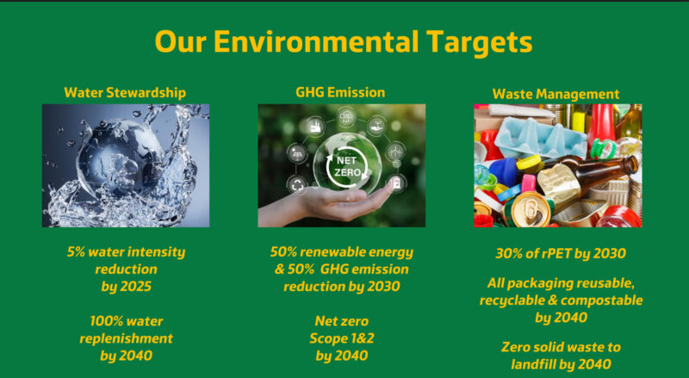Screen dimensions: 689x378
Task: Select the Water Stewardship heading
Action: pos(125,93)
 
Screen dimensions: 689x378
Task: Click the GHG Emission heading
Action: pos(340,92)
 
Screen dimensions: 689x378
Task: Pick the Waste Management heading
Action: pos(556,94)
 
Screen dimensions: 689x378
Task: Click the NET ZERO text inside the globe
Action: pos(347,166)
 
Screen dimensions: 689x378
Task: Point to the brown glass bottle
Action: pos(589,176)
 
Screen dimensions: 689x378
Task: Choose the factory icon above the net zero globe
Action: pos(315,127)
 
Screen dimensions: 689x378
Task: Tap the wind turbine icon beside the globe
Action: pos(395,152)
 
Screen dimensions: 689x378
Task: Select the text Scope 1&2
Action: pos(342,338)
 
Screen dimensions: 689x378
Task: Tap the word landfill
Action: pos(536,364)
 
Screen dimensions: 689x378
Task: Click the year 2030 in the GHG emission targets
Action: pos(383,287)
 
